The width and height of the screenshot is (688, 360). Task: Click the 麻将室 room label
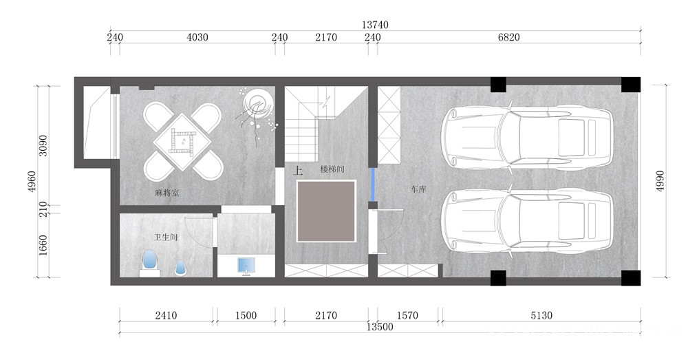(x=166, y=193)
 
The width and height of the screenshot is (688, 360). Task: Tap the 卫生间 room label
(x=166, y=237)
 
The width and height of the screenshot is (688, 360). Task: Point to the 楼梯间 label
(x=332, y=169)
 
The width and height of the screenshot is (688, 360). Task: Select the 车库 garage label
(x=418, y=189)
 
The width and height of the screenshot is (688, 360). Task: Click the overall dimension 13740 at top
(x=375, y=25)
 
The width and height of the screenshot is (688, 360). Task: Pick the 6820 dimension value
(x=508, y=37)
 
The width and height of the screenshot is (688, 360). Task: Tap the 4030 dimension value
(x=197, y=37)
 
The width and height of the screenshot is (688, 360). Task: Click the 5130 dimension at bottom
(x=541, y=315)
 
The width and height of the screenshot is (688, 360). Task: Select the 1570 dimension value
(x=407, y=315)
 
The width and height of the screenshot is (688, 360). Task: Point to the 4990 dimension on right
(x=660, y=180)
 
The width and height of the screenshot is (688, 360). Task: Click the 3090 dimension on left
(x=43, y=145)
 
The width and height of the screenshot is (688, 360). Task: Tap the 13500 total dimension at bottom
(x=380, y=327)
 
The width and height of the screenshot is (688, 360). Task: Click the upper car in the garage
(x=527, y=137)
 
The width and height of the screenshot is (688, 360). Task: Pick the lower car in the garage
(x=527, y=222)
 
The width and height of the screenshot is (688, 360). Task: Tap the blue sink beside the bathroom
(x=246, y=266)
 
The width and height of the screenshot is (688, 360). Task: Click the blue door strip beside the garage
(x=372, y=185)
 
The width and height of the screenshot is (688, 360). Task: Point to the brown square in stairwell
(x=326, y=211)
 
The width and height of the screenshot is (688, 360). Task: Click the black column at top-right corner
(x=630, y=85)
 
